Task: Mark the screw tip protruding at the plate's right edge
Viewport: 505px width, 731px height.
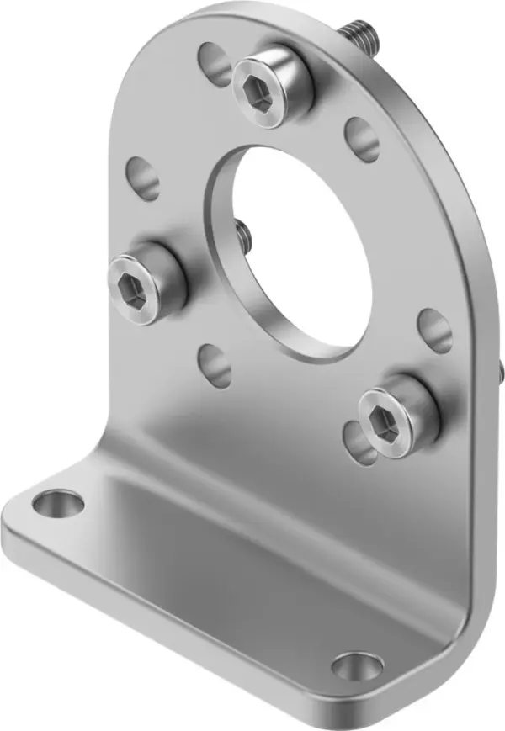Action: (500, 370)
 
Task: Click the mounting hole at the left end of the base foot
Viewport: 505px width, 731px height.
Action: (59, 505)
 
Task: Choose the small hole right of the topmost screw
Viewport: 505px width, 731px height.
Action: (362, 139)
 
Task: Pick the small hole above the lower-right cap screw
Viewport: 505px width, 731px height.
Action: (434, 330)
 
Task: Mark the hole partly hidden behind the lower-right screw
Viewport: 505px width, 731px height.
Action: (357, 442)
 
